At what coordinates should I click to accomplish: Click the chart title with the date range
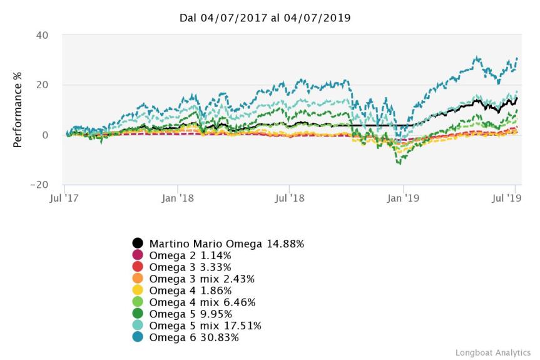[265, 18]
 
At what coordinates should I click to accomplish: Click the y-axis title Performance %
[18, 110]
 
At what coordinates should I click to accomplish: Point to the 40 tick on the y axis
[41, 35]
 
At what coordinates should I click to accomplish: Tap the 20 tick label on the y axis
[41, 85]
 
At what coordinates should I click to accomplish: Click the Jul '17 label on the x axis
[65, 197]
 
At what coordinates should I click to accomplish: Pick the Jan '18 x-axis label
[178, 197]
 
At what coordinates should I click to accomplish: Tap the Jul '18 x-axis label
[289, 197]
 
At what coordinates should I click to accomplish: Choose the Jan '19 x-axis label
[404, 197]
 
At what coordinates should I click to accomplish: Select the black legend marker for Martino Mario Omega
[137, 243]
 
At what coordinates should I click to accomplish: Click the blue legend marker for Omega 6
[137, 337]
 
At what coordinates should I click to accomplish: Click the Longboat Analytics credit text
[492, 352]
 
